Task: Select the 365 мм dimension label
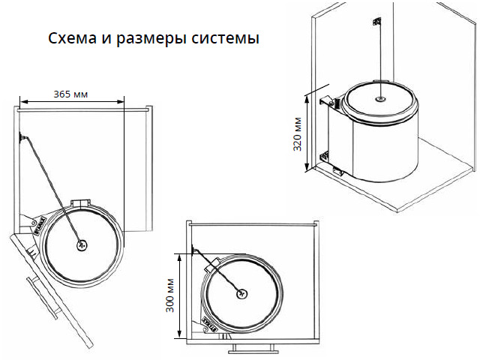point(70,94)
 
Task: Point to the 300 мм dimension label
point(170,295)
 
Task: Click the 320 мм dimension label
point(298,134)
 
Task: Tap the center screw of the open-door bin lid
point(82,245)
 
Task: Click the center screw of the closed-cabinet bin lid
point(242,294)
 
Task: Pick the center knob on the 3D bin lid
point(380,99)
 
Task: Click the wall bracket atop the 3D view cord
point(376,22)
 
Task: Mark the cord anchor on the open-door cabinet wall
point(22,136)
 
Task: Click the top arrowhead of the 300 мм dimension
point(180,258)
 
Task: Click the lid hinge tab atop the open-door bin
point(80,204)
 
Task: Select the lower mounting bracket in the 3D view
point(324,156)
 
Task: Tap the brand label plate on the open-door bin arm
point(40,226)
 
